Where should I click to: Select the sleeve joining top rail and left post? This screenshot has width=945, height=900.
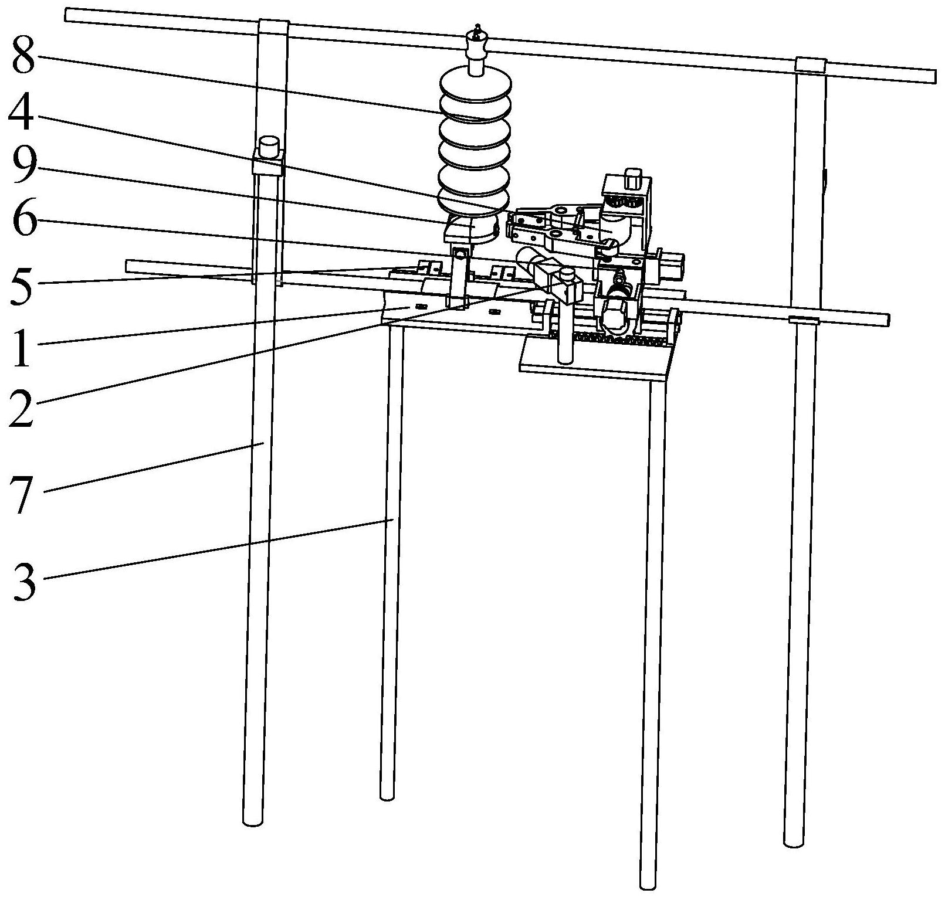point(273,28)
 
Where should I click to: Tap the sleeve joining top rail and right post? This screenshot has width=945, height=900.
point(810,64)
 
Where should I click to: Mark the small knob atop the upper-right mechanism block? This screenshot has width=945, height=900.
point(632,178)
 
